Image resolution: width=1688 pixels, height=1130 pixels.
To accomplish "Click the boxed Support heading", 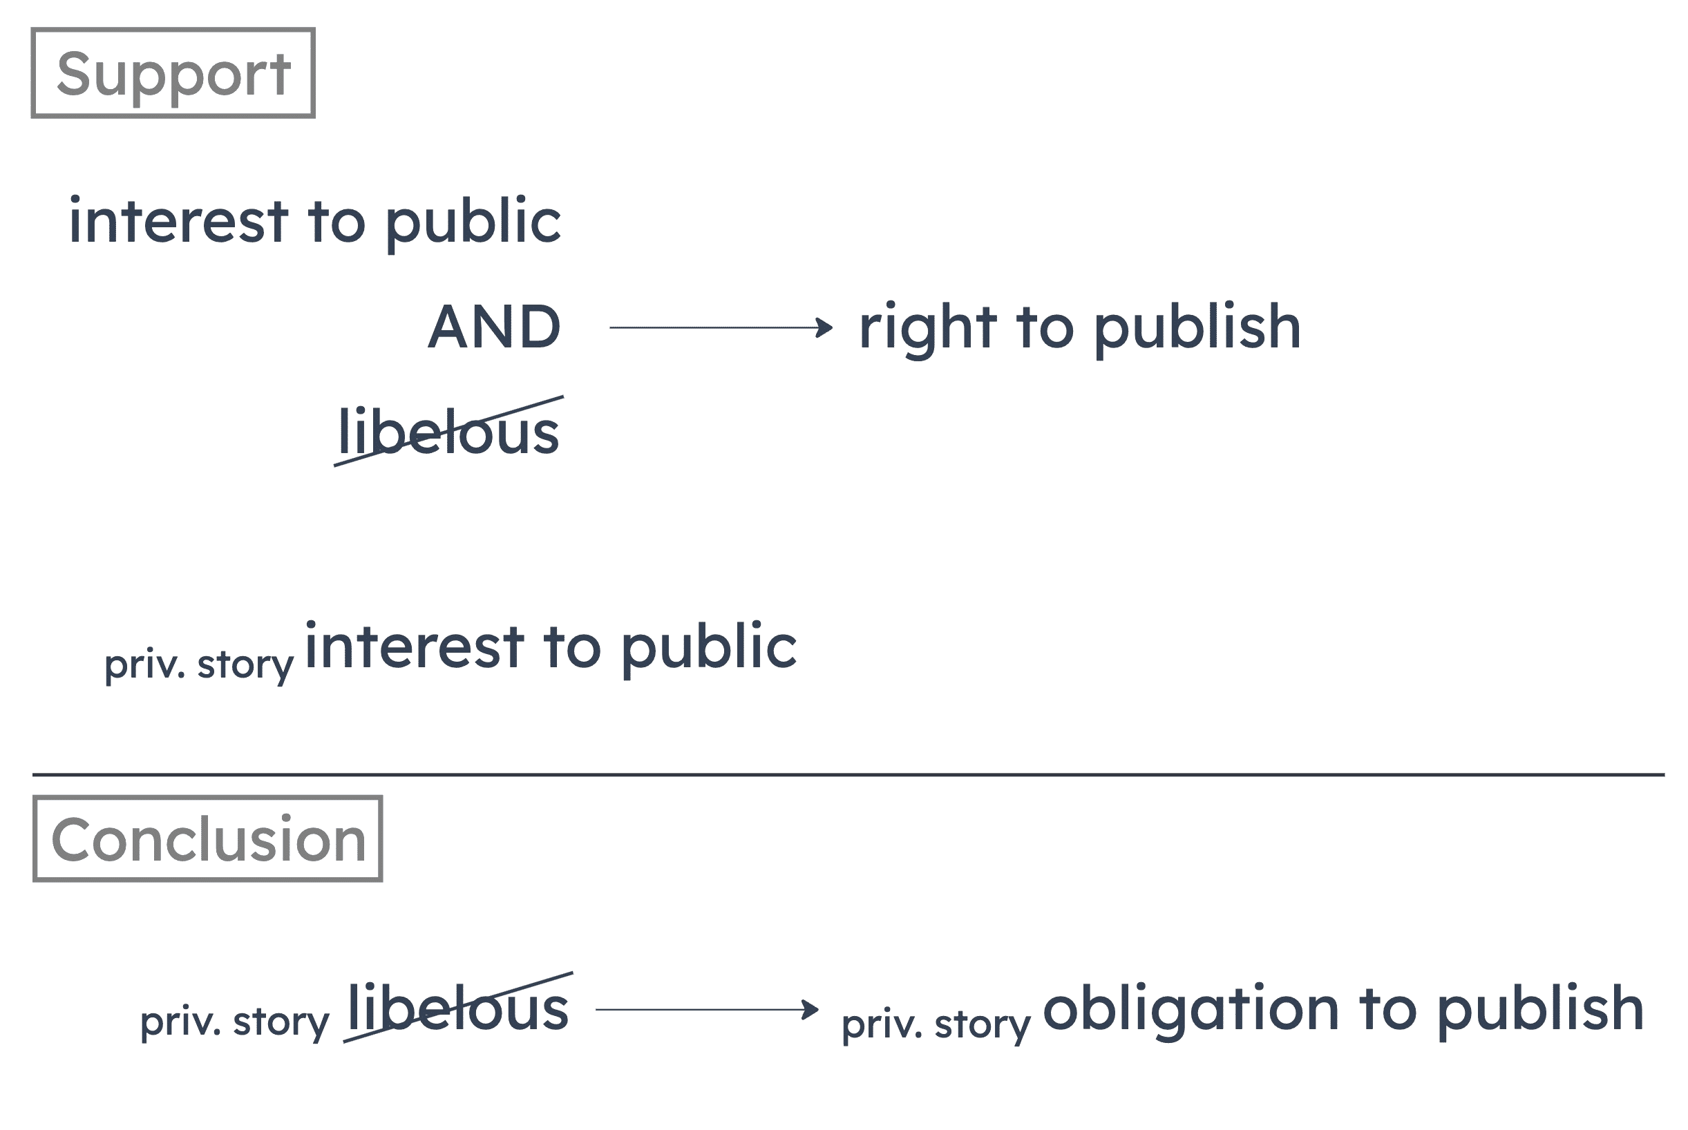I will click(x=173, y=73).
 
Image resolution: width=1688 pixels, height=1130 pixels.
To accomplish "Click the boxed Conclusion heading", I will click(x=207, y=839).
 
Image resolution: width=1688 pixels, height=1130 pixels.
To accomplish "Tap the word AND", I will click(x=495, y=327).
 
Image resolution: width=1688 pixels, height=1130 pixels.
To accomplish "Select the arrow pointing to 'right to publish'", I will click(x=721, y=328).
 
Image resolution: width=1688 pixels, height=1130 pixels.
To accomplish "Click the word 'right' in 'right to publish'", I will click(x=925, y=329).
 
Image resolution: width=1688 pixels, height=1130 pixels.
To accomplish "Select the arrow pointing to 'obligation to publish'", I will click(x=706, y=1010).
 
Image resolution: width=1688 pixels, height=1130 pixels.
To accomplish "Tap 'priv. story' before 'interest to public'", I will click(x=199, y=666).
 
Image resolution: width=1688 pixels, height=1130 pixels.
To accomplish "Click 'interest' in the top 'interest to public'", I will click(x=179, y=221).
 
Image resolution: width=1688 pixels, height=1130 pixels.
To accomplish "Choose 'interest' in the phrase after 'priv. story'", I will click(x=415, y=647).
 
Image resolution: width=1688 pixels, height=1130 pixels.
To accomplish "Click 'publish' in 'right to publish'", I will click(x=1197, y=329).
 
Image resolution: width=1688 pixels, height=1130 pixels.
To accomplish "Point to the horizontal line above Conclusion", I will click(x=848, y=776).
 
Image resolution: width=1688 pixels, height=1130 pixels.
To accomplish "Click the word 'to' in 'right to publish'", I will click(x=1045, y=329).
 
